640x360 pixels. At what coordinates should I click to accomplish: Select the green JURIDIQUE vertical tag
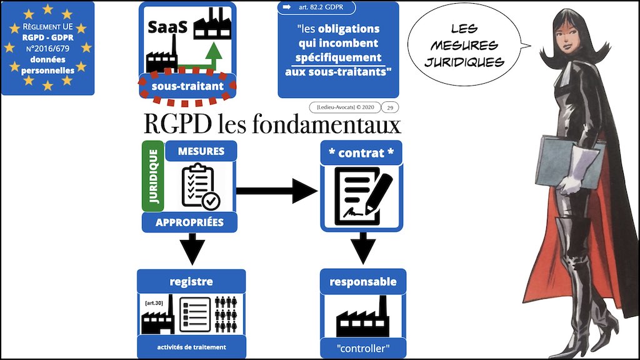coord(153,177)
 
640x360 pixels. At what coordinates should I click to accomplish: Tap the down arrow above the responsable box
coord(362,246)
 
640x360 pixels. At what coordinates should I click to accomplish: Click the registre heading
coord(191,281)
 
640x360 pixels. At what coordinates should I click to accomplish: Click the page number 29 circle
coord(390,107)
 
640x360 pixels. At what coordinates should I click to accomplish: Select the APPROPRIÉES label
coord(191,221)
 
